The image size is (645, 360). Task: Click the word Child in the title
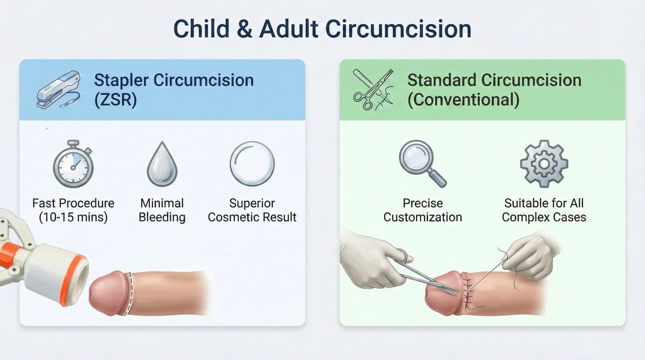(201, 29)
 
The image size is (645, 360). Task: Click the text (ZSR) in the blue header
(116, 100)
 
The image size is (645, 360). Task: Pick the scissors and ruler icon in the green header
(373, 90)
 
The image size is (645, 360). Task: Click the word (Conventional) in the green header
(463, 100)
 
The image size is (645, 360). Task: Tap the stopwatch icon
(73, 164)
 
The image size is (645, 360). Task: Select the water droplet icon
(162, 165)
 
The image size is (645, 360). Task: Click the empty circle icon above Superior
(252, 164)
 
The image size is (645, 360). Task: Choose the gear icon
(544, 164)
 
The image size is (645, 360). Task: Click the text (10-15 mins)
(73, 217)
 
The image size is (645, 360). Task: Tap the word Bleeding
(162, 217)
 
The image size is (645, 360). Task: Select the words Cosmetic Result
(252, 217)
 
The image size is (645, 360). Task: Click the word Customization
(423, 217)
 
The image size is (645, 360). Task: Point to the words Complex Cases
(544, 217)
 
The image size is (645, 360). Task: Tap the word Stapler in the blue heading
(121, 80)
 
